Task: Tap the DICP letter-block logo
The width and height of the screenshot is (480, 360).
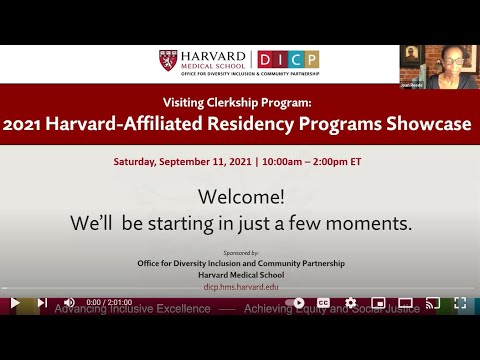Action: (x=288, y=60)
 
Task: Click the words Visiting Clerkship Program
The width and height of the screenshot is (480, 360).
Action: (x=239, y=102)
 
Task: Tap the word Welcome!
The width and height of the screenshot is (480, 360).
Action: (x=239, y=195)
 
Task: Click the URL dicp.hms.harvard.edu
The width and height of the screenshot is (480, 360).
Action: (x=239, y=286)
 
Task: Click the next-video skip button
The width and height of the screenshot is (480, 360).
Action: (x=42, y=302)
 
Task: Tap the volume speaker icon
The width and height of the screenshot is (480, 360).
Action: (x=69, y=302)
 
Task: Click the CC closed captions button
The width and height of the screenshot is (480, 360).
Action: (x=323, y=302)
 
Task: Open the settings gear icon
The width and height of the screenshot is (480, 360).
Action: (x=350, y=302)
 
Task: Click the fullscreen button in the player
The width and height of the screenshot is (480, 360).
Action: (x=460, y=302)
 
